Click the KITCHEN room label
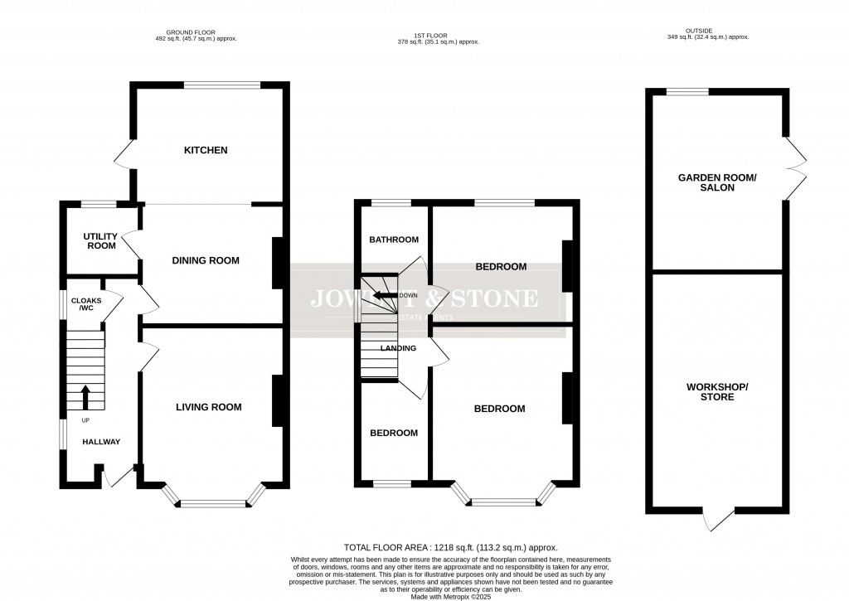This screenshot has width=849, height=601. tap(206, 150)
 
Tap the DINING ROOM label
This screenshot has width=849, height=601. tap(206, 260)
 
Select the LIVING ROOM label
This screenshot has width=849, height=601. tap(208, 407)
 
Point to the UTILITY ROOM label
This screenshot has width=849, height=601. tap(100, 241)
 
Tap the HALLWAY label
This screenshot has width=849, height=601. tap(100, 442)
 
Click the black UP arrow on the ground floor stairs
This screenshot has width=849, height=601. tap(85, 396)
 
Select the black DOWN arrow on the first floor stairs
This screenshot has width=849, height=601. tap(383, 295)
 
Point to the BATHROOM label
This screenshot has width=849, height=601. tap(394, 240)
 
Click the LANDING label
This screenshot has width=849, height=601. tap(398, 348)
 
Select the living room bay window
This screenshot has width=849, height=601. tap(214, 501)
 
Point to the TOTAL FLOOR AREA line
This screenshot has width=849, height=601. tap(450, 548)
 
